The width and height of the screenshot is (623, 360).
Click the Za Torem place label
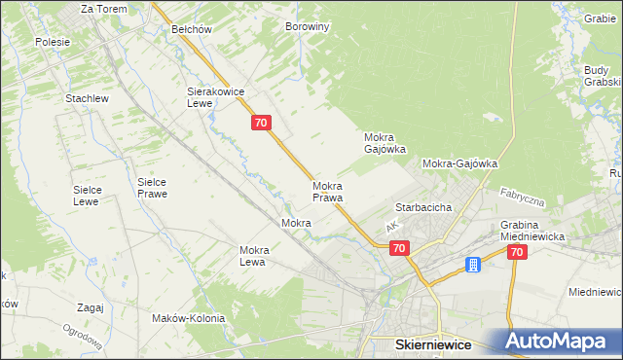[103, 9]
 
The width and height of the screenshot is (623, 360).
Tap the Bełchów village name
[192, 29]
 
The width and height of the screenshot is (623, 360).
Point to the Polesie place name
[53, 42]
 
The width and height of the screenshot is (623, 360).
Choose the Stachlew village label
[86, 99]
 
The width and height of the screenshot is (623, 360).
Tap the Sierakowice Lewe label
[214, 97]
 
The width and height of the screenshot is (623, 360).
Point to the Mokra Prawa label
[327, 191]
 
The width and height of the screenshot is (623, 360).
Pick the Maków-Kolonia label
[189, 318]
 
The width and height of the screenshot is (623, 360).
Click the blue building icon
[473, 265]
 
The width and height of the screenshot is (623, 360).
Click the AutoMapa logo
[559, 342]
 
